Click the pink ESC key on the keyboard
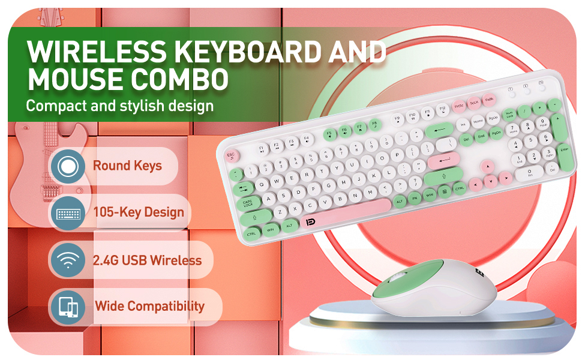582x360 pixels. point(230,155)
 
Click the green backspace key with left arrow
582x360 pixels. point(439,129)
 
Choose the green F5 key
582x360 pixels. point(329,133)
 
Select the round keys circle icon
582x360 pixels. point(67,166)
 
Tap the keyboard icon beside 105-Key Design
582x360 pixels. point(67,213)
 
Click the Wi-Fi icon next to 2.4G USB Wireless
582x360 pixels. point(67,260)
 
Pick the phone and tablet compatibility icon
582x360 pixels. point(67,307)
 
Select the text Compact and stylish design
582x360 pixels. point(119,106)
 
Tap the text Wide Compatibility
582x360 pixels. point(149,306)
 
